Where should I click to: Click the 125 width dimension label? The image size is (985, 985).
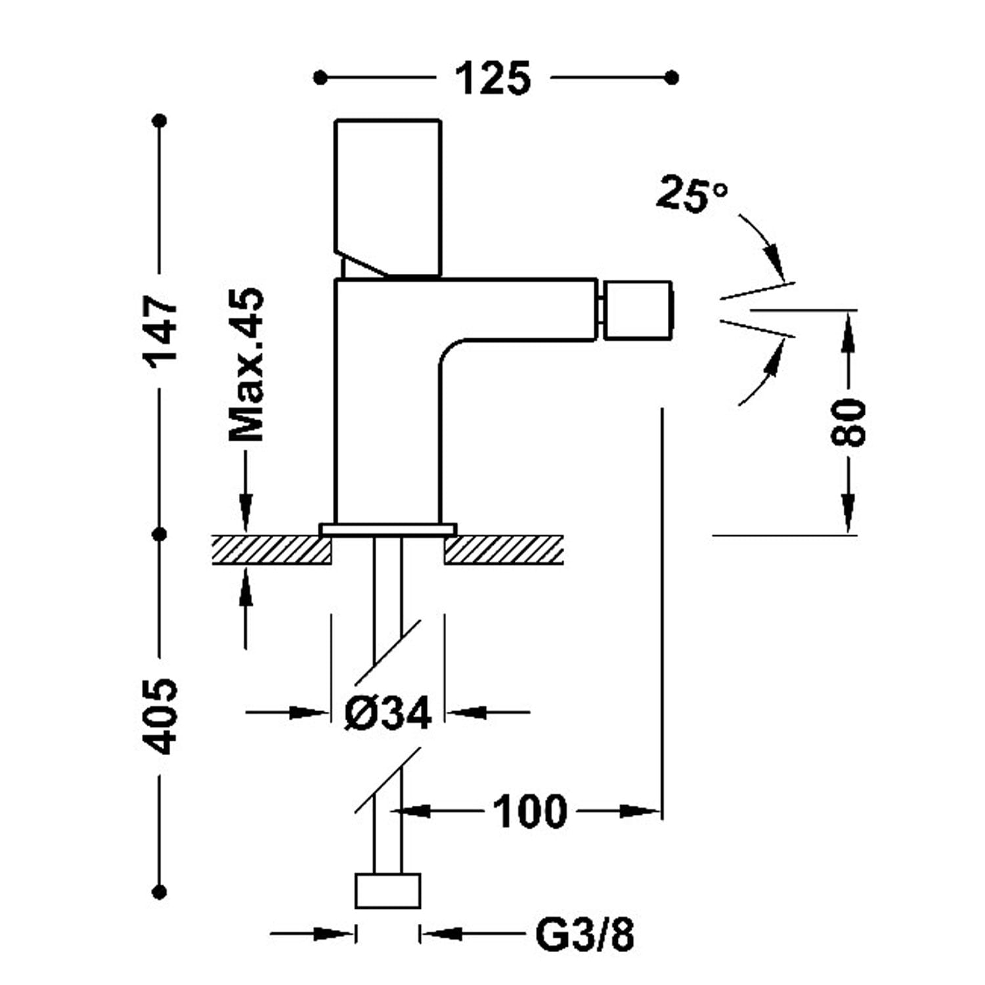[492, 79]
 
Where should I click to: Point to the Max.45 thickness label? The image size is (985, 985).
[246, 364]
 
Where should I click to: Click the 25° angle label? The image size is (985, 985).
[691, 194]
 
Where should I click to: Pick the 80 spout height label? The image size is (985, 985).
[848, 422]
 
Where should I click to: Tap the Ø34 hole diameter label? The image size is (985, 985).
[388, 712]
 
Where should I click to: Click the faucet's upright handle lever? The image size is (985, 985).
[387, 198]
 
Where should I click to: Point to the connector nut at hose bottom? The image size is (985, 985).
[387, 890]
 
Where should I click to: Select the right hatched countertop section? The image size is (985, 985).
[504, 550]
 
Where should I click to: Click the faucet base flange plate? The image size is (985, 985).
[387, 529]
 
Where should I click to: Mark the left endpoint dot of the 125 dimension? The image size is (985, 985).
[320, 78]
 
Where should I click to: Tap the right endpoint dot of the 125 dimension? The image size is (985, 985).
[671, 78]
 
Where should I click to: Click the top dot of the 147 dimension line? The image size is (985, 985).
[160, 121]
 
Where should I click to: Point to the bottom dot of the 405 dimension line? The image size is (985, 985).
[160, 892]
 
